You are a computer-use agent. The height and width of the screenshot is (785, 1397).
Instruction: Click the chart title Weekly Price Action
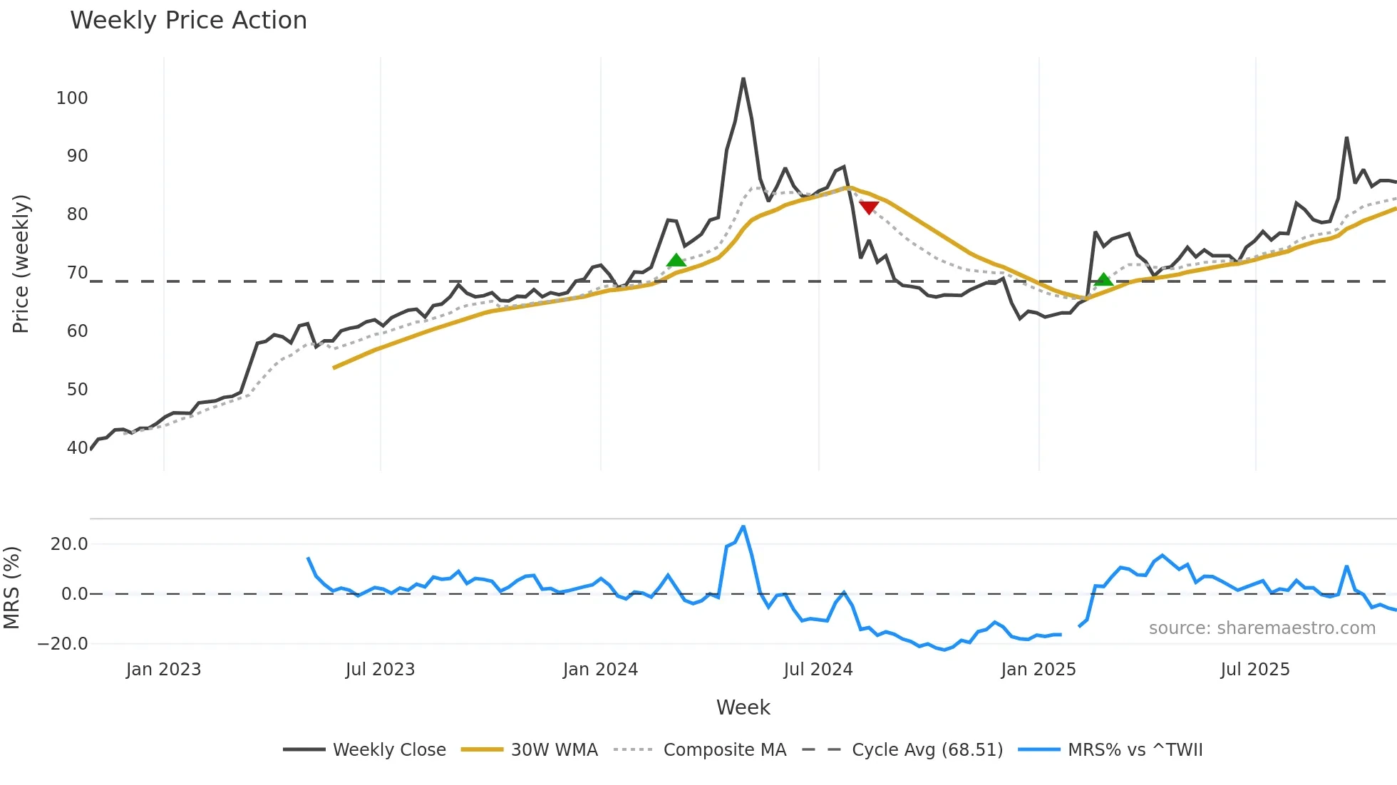(188, 21)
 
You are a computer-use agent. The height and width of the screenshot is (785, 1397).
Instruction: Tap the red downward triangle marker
(869, 207)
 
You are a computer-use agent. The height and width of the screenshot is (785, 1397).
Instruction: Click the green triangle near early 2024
(676, 260)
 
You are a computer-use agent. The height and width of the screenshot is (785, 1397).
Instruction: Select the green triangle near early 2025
(1103, 279)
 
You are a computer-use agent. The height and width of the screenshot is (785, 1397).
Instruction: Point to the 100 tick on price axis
(72, 98)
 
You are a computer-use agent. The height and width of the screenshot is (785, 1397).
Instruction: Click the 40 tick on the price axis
(77, 448)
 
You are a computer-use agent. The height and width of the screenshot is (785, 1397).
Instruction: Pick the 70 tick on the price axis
(77, 273)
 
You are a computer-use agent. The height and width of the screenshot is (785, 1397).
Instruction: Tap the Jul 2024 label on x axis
(818, 670)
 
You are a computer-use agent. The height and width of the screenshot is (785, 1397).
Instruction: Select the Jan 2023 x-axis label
(163, 670)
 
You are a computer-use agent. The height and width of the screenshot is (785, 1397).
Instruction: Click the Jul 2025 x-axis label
(1255, 670)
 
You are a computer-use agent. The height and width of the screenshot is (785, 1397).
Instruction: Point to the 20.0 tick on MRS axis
(69, 544)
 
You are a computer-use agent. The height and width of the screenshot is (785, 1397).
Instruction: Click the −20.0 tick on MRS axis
(63, 644)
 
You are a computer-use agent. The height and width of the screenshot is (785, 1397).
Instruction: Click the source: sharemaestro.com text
(1262, 628)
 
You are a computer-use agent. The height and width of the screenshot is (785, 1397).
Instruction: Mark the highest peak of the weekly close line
(743, 78)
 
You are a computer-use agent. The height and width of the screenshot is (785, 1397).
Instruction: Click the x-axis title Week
(743, 707)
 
